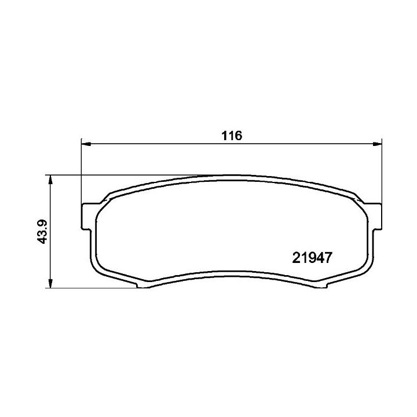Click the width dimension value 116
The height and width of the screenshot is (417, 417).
point(232,136)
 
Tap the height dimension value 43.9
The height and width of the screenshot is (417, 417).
point(42,231)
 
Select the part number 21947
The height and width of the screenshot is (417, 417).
point(312,258)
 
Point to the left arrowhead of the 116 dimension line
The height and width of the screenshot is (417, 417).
point(86,144)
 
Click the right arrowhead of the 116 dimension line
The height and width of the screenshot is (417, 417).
point(376,144)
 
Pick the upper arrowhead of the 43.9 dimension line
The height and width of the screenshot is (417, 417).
point(50,181)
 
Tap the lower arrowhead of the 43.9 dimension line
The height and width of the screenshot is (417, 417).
point(50,282)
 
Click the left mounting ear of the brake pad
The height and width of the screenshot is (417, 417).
point(86,216)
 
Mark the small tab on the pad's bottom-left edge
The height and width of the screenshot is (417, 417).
point(144,285)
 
